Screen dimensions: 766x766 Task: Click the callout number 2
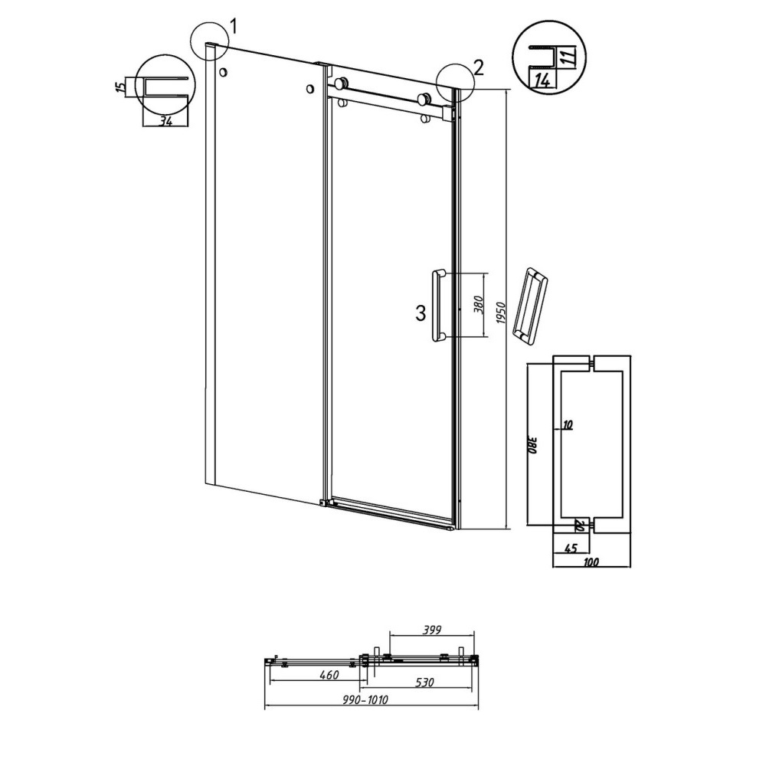pos(479,67)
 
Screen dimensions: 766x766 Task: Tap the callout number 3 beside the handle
pos(421,312)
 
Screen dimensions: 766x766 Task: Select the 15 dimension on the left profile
pos(119,87)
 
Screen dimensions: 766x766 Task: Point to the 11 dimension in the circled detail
pos(568,54)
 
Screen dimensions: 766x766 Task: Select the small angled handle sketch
pos(529,305)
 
